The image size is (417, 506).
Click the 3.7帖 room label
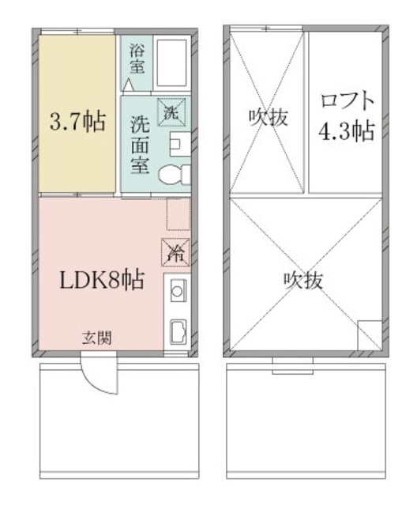[77, 124]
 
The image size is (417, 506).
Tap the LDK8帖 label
[102, 280]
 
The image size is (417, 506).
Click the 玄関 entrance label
[96, 338]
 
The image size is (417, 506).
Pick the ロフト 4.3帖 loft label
[345, 116]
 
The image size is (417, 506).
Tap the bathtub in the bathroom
[172, 60]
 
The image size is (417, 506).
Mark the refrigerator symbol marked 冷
[177, 252]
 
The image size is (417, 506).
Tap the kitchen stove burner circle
[177, 291]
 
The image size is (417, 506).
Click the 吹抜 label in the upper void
[269, 117]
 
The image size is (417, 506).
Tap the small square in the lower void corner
[369, 334]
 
